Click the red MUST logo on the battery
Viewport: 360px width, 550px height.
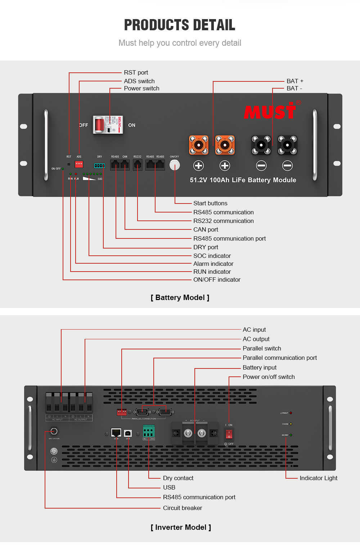click(x=270, y=111)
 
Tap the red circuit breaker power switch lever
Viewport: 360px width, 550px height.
click(x=99, y=125)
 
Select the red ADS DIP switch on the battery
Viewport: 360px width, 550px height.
click(x=79, y=164)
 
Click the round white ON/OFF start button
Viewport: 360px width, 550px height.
click(x=175, y=165)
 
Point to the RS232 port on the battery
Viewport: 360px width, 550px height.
click(x=138, y=165)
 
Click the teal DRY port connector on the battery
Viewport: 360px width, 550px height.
click(x=99, y=166)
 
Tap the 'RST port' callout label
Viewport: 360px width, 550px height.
click(x=136, y=72)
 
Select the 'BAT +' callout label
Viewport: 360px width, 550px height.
click(x=295, y=81)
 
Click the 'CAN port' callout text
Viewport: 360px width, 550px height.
click(x=206, y=229)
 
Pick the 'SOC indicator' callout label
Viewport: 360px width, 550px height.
click(x=212, y=256)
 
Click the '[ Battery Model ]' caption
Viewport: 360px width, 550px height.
click(x=180, y=298)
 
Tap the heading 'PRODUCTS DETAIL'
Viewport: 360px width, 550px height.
click(x=180, y=25)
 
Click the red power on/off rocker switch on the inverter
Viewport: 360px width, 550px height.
click(x=229, y=434)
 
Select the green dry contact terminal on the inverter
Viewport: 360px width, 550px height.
click(x=149, y=431)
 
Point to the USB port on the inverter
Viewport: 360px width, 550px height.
click(x=128, y=433)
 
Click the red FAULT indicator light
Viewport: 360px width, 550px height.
click(x=291, y=413)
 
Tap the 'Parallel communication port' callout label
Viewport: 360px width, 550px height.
click(x=279, y=358)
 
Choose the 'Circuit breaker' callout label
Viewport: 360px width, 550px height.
click(x=182, y=508)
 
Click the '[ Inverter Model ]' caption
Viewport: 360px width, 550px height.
click(x=181, y=527)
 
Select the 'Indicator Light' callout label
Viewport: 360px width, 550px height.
click(x=318, y=478)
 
